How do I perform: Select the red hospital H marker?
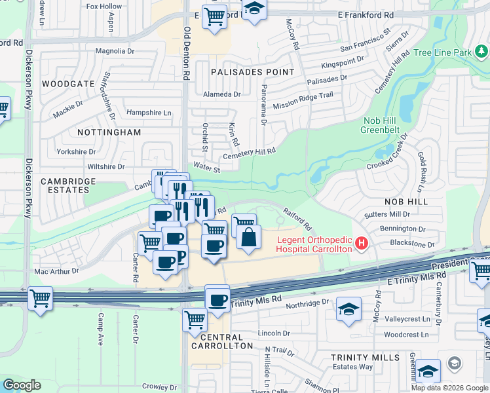click(x=360, y=244)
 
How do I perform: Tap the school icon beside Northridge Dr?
click(x=349, y=309)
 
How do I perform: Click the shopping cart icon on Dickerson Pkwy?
click(x=41, y=300)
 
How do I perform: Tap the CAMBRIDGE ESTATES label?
click(x=68, y=185)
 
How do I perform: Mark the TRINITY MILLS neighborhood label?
click(x=365, y=358)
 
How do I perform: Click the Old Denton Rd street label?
click(x=187, y=53)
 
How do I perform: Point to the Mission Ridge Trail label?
click(x=303, y=100)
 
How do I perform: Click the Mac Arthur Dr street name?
click(x=56, y=270)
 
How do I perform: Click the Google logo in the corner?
click(x=22, y=385)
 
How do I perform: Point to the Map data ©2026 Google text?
click(x=449, y=388)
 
